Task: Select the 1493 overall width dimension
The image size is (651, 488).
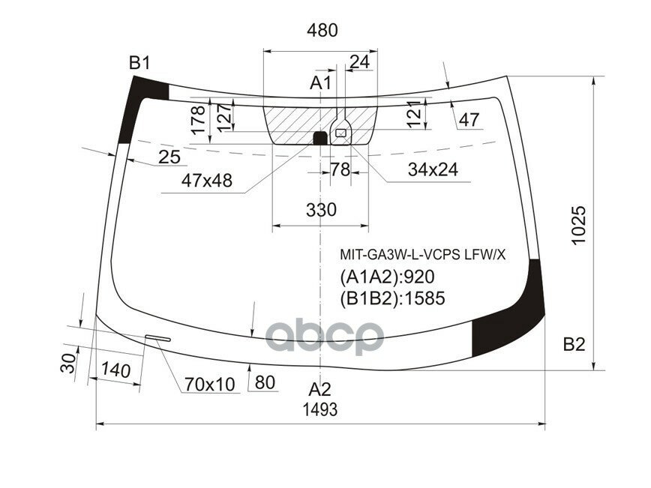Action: [x=319, y=410]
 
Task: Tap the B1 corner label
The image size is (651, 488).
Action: [x=139, y=63]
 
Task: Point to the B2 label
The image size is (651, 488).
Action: [x=574, y=345]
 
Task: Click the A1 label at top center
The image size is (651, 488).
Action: [x=321, y=82]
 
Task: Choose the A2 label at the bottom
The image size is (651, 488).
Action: [x=320, y=390]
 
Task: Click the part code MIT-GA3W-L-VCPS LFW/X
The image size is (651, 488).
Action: [x=423, y=255]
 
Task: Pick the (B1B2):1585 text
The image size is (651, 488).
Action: [x=393, y=298]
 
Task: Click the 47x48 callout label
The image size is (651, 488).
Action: [x=206, y=180]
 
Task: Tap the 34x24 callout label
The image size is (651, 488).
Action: [x=433, y=170]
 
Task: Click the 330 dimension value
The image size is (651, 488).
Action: [x=321, y=210]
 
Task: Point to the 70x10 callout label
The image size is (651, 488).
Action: [x=210, y=385]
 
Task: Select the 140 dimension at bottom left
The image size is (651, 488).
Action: [x=115, y=370]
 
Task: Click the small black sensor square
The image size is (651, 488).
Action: [x=319, y=138]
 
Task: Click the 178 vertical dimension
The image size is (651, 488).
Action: [x=198, y=120]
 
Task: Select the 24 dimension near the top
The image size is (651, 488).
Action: [x=360, y=62]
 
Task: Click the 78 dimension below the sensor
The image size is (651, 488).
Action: [x=340, y=170]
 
